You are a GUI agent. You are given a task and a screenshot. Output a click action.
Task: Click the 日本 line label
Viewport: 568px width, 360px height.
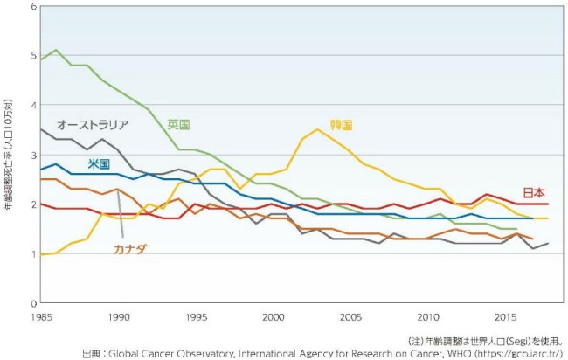click(535, 191)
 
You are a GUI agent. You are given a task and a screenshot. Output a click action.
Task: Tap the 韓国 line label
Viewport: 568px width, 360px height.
click(341, 125)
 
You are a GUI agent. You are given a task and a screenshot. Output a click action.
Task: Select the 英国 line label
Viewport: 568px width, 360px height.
click(178, 123)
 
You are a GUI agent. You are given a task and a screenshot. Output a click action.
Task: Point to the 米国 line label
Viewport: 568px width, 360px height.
click(99, 163)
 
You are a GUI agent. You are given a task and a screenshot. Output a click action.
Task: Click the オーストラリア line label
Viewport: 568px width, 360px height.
click(93, 124)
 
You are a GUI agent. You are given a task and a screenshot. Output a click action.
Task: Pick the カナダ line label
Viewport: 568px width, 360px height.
click(130, 249)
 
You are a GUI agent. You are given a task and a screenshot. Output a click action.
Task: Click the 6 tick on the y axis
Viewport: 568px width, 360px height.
click(33, 7)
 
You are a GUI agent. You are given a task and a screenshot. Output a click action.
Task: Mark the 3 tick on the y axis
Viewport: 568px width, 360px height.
click(33, 155)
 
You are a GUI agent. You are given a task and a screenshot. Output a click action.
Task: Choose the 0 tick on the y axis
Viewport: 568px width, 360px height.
click(33, 302)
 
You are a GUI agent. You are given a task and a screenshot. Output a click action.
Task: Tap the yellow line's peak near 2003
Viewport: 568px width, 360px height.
click(319, 129)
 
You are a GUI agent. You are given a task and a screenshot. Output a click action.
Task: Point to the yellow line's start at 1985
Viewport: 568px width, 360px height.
click(41, 253)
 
